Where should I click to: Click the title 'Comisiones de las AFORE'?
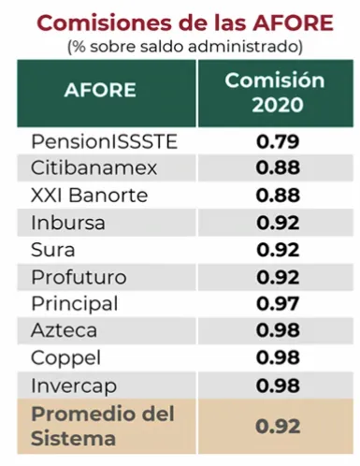tap(180, 21)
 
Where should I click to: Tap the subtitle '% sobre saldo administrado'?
tap(180, 45)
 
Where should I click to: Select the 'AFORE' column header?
tap(100, 91)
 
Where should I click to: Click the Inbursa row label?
tap(67, 223)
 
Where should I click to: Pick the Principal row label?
tap(74, 304)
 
